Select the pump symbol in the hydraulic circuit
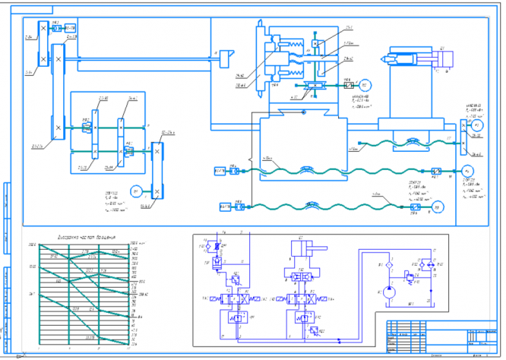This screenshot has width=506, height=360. pos(389,291)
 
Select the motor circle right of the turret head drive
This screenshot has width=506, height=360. pos(364,84)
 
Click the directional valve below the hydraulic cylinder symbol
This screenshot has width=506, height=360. pos(299,298)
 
